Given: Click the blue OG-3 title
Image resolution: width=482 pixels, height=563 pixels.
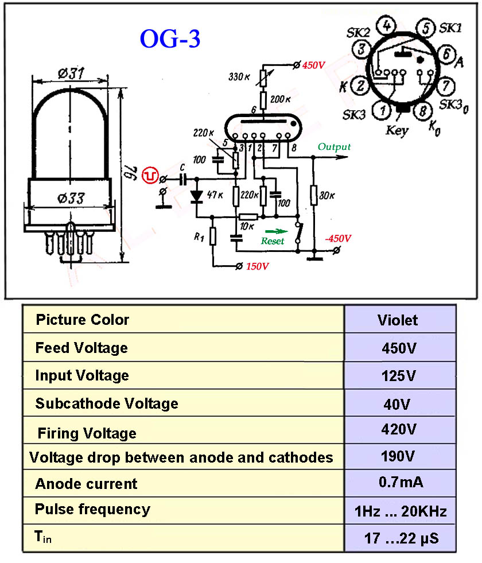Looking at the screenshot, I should (x=170, y=38).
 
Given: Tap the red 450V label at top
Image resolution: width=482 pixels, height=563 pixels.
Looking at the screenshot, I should (x=313, y=65).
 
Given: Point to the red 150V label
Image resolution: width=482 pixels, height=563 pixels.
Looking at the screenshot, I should (x=257, y=266).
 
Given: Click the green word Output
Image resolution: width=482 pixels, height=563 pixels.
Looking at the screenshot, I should (x=335, y=147).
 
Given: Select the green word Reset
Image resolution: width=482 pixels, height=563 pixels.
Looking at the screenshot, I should (x=273, y=241).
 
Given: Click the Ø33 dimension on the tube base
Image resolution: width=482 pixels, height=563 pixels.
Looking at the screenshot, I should (x=70, y=199).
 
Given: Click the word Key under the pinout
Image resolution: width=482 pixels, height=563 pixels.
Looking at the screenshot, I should (x=397, y=130).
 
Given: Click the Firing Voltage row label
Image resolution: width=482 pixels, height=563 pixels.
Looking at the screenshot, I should (x=87, y=433).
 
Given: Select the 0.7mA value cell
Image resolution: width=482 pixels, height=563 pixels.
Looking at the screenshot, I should (x=401, y=483).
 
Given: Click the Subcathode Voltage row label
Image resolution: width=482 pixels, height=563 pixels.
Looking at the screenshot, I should (x=107, y=403).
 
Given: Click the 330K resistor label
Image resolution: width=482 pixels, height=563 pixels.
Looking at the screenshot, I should (x=239, y=76).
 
